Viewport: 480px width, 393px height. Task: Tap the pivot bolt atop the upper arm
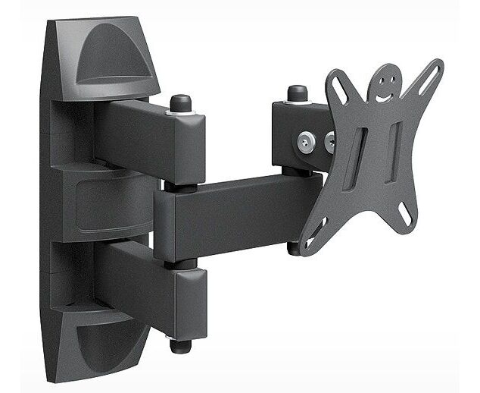point(180,103)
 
